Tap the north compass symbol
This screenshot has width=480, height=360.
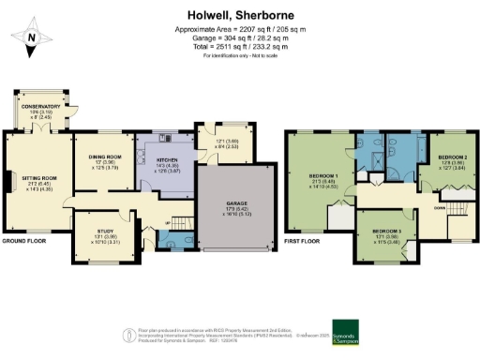pos(31,37)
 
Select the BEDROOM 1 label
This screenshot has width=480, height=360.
pos(323,176)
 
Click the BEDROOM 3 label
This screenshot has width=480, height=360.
pos(387,231)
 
